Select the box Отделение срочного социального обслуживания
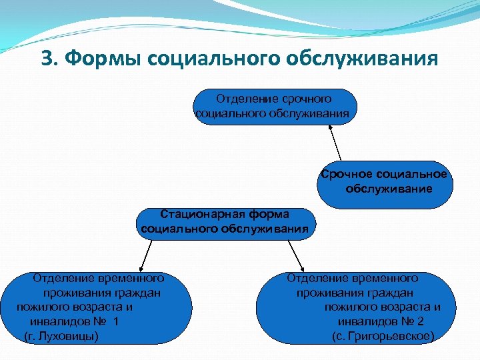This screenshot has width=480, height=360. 275,107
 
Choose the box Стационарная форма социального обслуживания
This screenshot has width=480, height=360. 225,223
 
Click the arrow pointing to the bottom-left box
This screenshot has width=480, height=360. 145,254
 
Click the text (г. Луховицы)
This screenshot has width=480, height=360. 61,335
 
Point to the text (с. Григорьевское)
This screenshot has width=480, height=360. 383,335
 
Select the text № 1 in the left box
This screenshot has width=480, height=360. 105,321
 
